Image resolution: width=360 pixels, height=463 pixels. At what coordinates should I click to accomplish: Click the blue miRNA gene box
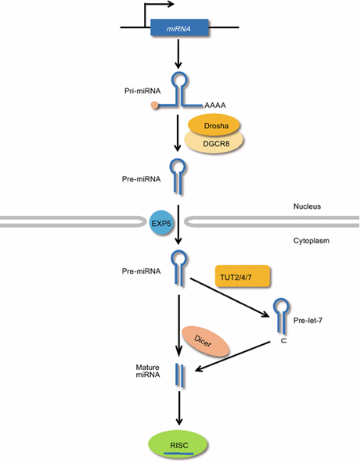[x=179, y=27]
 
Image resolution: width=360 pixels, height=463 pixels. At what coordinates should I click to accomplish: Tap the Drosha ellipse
[x=214, y=125]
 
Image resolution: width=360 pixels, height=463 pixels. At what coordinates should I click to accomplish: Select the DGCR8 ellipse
[x=214, y=143]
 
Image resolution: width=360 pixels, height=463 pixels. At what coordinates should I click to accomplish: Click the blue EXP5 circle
[x=161, y=223]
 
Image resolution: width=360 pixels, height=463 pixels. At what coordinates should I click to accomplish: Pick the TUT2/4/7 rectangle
[x=243, y=276]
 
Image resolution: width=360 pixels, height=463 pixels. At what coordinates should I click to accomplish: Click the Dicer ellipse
[x=205, y=341]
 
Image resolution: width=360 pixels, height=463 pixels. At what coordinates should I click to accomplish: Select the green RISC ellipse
[x=178, y=445]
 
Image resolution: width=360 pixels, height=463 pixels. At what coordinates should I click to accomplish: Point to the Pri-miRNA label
[x=142, y=91]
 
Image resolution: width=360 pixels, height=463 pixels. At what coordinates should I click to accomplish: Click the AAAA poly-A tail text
[x=215, y=105]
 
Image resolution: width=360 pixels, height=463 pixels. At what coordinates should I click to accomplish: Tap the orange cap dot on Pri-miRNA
[x=155, y=105]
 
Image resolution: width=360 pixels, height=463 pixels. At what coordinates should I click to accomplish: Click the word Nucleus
[x=307, y=206]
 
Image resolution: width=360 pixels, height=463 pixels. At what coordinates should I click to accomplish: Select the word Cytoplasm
[x=311, y=241]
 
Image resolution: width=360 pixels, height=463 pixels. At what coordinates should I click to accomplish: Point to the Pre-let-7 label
[x=308, y=320]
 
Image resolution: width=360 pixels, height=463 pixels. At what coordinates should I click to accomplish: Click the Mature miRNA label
[x=148, y=371]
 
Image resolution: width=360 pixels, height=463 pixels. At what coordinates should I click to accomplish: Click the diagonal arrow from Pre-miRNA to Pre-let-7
[x=229, y=297]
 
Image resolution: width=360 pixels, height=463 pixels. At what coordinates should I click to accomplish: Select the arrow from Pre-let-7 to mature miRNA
[x=232, y=356]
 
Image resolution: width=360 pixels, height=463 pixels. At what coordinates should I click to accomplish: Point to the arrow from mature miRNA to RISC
[x=178, y=408]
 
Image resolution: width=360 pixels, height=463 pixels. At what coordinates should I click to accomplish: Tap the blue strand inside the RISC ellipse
[x=178, y=454]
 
